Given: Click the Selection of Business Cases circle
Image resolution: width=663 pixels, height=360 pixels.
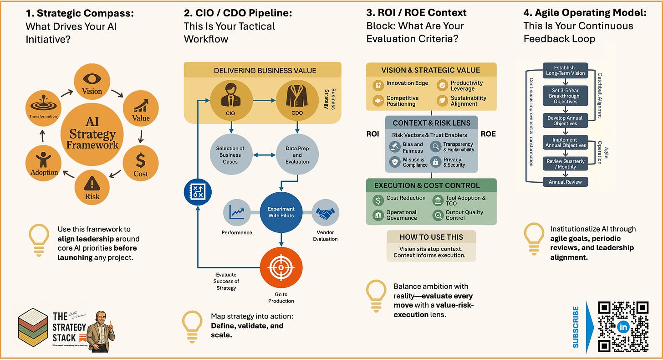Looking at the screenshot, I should (230, 155).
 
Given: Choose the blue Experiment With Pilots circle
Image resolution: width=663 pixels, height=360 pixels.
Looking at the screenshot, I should (280, 212).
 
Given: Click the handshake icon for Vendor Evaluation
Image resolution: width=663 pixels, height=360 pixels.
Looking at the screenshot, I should (325, 214).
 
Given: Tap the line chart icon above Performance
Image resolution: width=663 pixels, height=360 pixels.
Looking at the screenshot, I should (237, 212).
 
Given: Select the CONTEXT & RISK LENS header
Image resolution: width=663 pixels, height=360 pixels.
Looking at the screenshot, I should (431, 123).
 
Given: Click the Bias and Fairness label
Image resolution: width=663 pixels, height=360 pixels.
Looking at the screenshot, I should (413, 147).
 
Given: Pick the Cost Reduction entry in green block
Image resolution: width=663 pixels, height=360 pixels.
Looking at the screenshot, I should (406, 198).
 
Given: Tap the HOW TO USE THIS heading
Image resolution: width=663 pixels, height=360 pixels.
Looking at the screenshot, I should (431, 237).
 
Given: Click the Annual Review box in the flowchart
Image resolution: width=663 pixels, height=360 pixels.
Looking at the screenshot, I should (565, 181).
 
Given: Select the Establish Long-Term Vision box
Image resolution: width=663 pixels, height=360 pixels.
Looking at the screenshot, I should (565, 70).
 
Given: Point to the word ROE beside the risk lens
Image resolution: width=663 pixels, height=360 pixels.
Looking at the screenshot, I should (488, 134).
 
